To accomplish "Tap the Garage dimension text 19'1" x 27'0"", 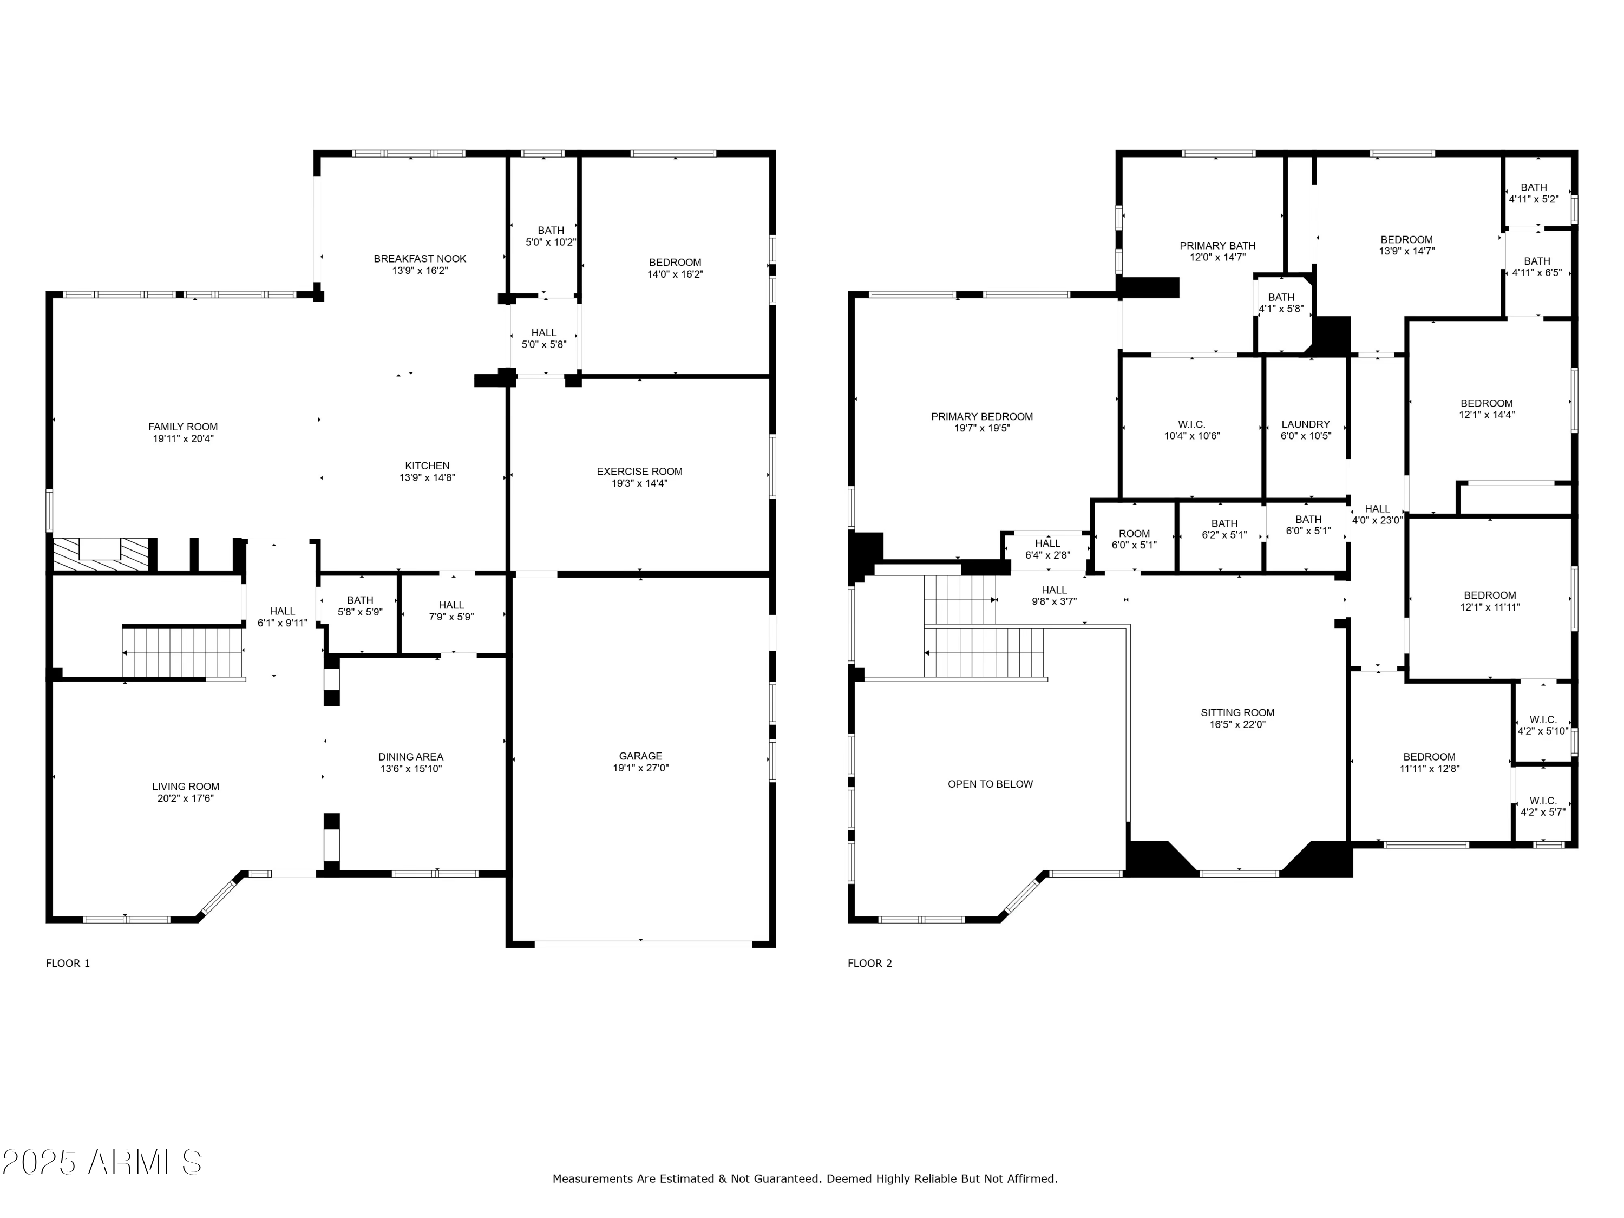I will coord(640,768).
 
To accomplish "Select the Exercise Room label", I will coord(639,472).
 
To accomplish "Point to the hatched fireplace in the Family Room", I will coord(101,554).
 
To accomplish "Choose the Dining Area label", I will coord(410,757).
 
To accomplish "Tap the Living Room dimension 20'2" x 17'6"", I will coord(185,798).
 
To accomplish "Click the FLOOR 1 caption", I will coord(68,963).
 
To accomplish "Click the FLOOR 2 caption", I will coord(869,963).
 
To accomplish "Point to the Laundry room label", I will coord(1305,424).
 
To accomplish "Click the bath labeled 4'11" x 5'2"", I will coord(1533,192).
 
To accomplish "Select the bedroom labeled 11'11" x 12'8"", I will coord(1429,763).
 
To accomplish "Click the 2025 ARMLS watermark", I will coord(101,1162).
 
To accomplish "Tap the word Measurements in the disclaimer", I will coord(592,1179).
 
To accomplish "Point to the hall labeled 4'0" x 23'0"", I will coord(1377,514).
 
